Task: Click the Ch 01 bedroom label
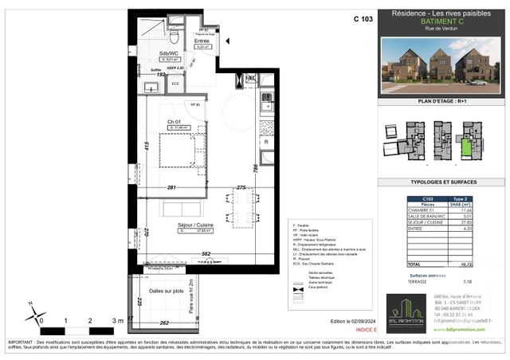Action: [175, 121]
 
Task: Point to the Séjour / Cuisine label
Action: [194, 225]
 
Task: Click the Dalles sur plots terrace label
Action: [167, 292]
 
